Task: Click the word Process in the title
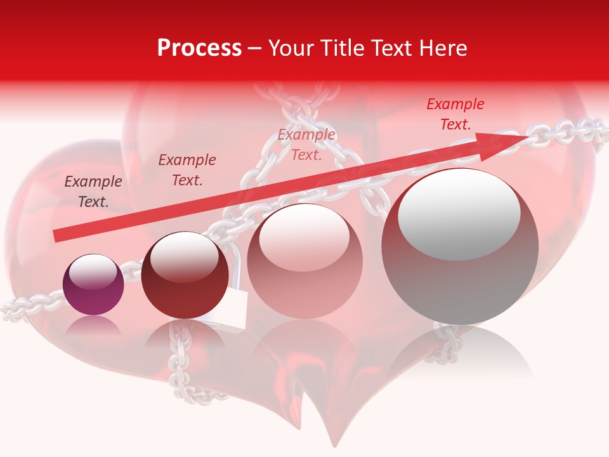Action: [x=199, y=48]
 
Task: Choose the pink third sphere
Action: [x=304, y=261]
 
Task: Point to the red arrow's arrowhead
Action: [x=507, y=143]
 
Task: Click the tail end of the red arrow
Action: [x=57, y=235]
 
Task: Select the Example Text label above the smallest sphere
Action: [x=93, y=192]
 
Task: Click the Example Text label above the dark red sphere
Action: [x=187, y=170]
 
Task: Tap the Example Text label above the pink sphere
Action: [x=307, y=145]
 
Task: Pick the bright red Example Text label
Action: [x=455, y=114]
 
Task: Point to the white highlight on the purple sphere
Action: [x=93, y=272]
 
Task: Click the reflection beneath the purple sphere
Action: [x=93, y=327]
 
